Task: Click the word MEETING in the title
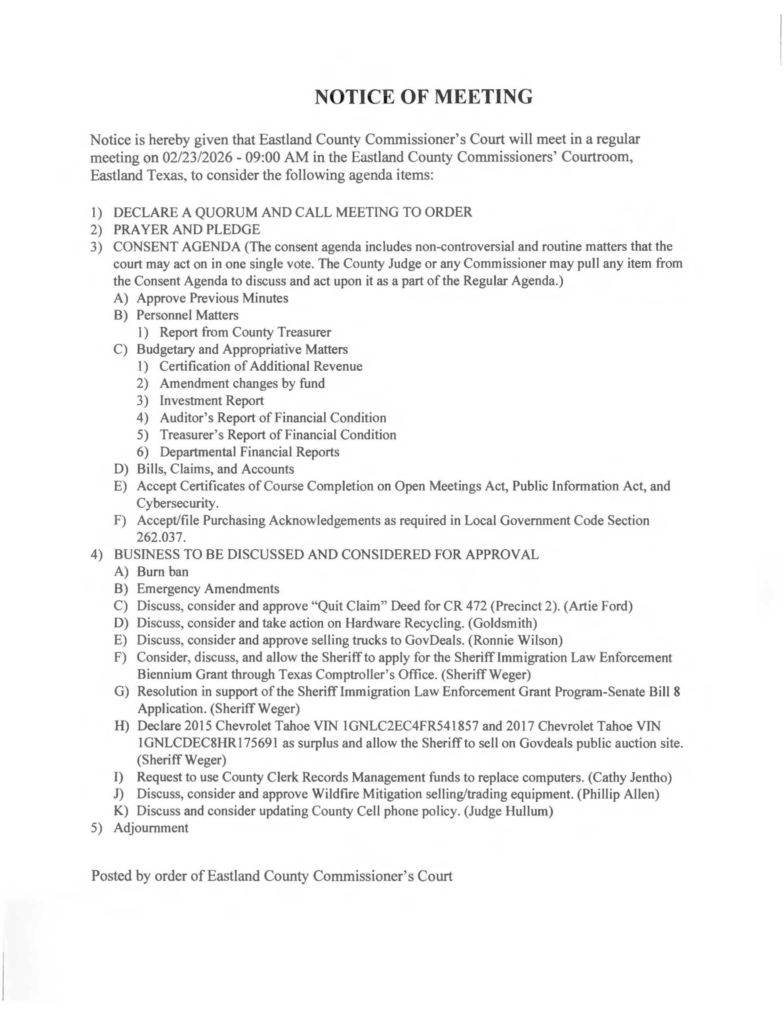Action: (x=483, y=97)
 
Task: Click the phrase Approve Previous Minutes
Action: (x=212, y=298)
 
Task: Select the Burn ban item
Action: (x=162, y=572)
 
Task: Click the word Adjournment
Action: (x=151, y=828)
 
